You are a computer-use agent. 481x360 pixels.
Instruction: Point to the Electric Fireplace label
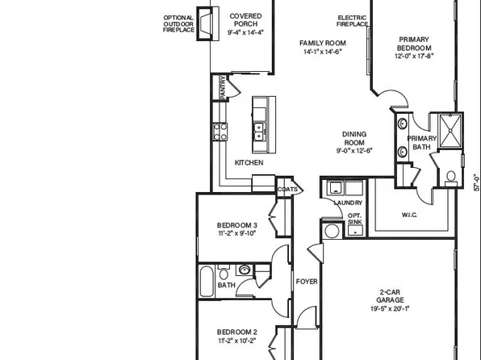click(353, 20)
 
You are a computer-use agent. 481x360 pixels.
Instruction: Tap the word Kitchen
click(249, 162)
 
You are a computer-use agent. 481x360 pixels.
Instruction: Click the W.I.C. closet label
click(409, 215)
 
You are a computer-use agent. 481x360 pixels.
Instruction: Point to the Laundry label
click(349, 203)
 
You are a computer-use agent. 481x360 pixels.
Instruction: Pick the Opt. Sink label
click(354, 219)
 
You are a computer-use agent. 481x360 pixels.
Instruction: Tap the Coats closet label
click(288, 190)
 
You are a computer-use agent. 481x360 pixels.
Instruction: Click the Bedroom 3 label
click(236, 224)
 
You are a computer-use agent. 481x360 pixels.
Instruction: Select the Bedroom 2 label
click(236, 331)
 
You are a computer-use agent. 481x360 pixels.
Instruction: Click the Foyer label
click(306, 282)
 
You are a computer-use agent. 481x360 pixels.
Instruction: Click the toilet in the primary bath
click(450, 176)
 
